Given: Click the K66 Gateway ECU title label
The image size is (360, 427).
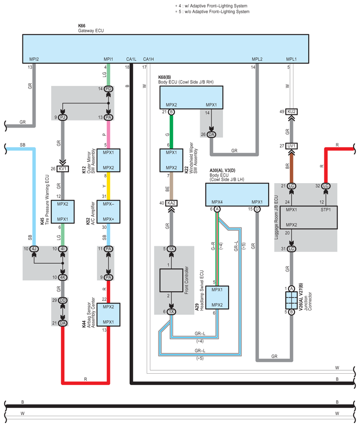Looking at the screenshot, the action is (x=91, y=28).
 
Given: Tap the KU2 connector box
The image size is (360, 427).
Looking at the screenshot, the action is (x=291, y=112).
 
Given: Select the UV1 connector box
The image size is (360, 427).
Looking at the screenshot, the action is (x=291, y=146).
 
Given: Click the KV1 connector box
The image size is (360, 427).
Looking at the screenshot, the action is (x=63, y=169).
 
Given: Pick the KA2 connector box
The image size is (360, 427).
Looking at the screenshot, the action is (x=171, y=203).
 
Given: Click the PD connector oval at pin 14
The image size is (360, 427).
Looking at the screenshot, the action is (x=108, y=89).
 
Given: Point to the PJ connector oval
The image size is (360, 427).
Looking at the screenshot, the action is (x=63, y=118).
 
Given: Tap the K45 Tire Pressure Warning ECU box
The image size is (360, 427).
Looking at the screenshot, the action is (x=63, y=212).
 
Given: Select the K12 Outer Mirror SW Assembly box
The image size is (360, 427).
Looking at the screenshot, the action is (x=108, y=160).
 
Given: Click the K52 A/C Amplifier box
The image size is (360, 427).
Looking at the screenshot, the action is (x=108, y=212).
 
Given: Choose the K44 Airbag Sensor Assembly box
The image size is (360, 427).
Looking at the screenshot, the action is (x=108, y=315).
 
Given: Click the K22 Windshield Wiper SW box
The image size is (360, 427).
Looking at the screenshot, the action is (x=171, y=160).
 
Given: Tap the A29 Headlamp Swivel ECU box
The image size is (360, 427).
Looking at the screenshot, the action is (x=217, y=298).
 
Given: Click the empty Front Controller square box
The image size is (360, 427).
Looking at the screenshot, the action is (x=171, y=280).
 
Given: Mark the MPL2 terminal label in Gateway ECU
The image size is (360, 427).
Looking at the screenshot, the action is (x=257, y=59).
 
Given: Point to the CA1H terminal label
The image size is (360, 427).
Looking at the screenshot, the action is (x=148, y=59).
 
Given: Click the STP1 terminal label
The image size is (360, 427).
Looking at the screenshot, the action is (x=326, y=210).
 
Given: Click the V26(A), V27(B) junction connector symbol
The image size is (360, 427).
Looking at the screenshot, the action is (x=291, y=300).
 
